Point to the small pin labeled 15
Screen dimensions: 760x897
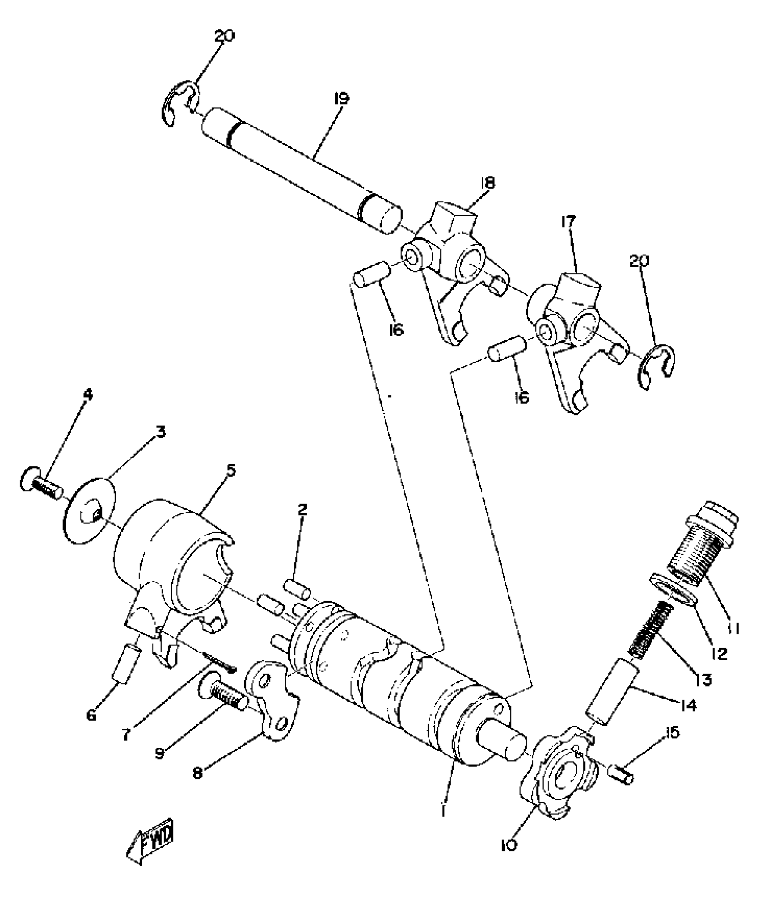click(x=621, y=778)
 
